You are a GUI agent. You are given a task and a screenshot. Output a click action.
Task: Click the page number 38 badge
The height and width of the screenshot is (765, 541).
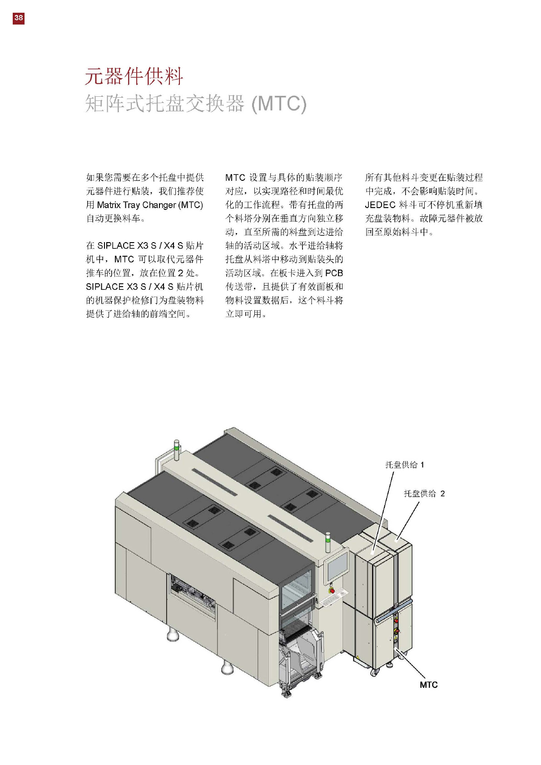(18, 18)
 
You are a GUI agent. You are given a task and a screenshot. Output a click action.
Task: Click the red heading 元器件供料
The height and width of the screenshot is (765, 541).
(134, 76)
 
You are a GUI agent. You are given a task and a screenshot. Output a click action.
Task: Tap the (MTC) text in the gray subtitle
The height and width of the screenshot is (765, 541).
(279, 104)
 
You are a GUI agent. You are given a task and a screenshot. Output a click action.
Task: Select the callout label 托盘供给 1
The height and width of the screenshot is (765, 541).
(404, 465)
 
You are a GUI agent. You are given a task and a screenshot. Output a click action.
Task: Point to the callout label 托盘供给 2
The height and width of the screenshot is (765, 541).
(424, 493)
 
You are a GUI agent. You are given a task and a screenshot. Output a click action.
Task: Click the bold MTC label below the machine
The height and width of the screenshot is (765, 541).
(428, 685)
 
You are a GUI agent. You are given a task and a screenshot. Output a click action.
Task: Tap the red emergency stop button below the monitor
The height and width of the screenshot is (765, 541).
(332, 591)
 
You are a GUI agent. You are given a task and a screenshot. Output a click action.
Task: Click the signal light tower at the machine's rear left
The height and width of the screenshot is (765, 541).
(177, 447)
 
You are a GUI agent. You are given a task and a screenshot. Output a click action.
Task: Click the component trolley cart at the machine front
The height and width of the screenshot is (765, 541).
(300, 659)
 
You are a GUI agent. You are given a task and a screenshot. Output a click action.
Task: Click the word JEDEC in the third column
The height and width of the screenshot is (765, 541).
(380, 205)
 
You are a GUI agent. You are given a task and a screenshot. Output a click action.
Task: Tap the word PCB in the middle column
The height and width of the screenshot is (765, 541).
(334, 273)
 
